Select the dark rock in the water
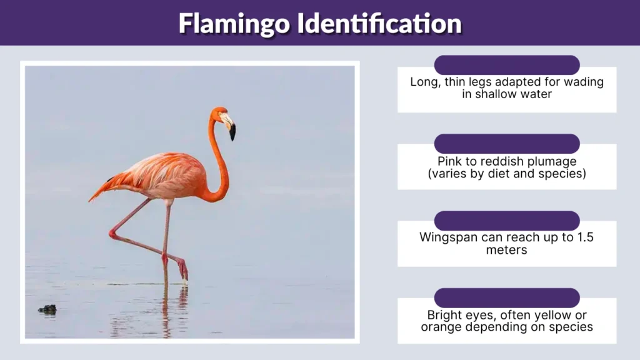(47, 309)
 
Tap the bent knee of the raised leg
(113, 234)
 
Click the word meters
(507, 250)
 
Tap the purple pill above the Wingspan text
(507, 220)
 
